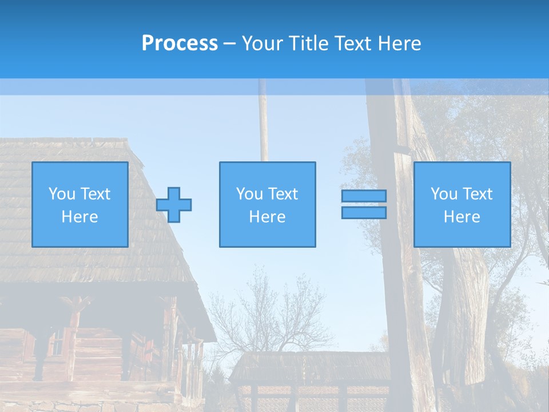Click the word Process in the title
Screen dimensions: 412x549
(x=180, y=43)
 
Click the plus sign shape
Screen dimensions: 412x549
(x=174, y=205)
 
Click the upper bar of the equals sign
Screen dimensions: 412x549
(x=364, y=196)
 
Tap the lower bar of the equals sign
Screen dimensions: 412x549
(x=364, y=212)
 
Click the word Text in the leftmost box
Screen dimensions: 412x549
(x=94, y=194)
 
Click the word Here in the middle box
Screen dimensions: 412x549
(x=268, y=217)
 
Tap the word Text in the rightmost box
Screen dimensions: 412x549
(x=477, y=194)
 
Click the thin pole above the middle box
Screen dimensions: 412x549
(x=264, y=126)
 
